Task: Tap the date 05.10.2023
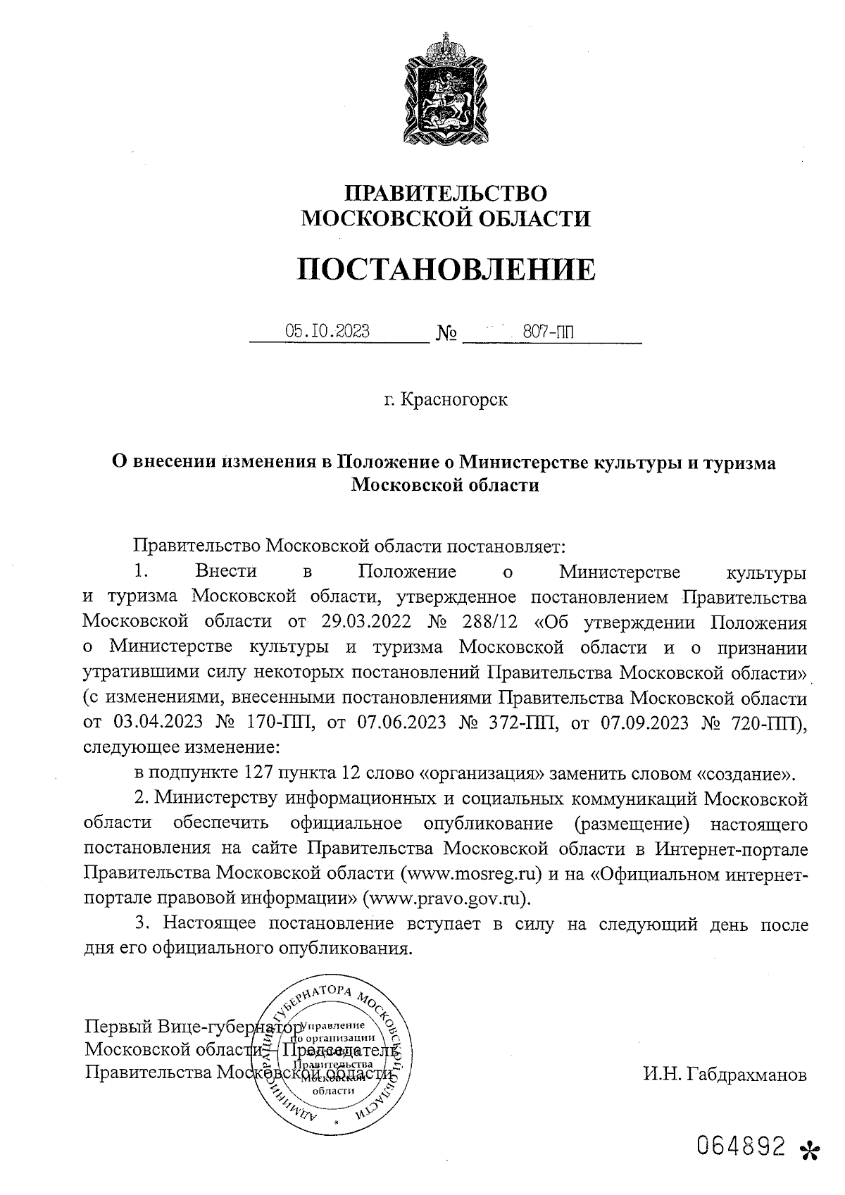click(x=327, y=331)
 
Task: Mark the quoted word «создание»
click(x=745, y=775)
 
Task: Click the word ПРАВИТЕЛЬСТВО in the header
click(x=445, y=193)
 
